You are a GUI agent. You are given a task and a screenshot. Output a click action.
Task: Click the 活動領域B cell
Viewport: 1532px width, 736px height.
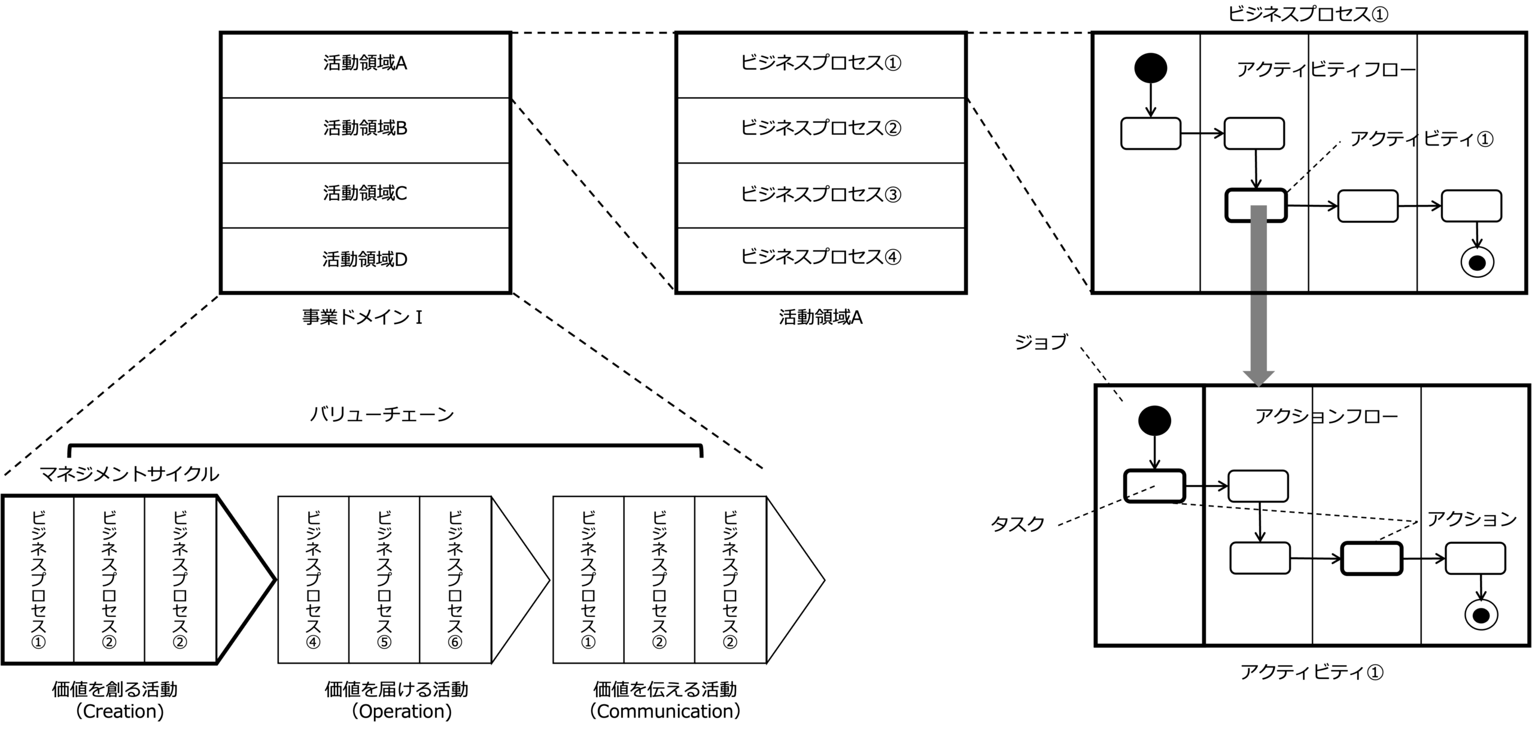(365, 130)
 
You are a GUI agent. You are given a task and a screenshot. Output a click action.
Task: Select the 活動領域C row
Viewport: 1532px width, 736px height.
(365, 195)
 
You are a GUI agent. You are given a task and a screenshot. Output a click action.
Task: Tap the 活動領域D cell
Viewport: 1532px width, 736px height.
(365, 259)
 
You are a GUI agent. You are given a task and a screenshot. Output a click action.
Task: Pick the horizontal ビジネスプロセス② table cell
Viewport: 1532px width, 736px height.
(820, 130)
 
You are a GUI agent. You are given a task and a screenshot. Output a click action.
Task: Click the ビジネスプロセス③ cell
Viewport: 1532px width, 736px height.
(820, 195)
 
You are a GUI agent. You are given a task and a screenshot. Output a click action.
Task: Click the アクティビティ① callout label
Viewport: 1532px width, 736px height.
(1422, 140)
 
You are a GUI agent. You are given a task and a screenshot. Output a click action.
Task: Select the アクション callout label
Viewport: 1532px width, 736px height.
(1472, 519)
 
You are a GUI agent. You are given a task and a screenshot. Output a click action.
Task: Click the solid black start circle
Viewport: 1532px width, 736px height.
(1150, 68)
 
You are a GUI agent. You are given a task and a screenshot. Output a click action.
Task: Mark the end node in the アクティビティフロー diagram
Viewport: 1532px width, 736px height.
(1477, 262)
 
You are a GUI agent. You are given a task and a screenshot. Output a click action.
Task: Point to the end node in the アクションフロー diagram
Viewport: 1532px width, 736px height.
(1481, 615)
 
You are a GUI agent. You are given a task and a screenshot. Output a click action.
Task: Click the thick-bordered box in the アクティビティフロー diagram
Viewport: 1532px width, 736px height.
(1256, 206)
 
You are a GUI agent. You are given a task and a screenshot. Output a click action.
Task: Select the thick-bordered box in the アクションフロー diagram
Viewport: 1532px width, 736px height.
(1372, 558)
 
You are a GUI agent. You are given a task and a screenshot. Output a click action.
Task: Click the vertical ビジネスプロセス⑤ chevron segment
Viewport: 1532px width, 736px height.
(384, 580)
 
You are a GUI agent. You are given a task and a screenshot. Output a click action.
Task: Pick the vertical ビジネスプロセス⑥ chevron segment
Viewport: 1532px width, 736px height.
(455, 580)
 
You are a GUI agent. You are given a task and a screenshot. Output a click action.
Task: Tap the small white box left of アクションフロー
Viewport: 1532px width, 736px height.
(1154, 486)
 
